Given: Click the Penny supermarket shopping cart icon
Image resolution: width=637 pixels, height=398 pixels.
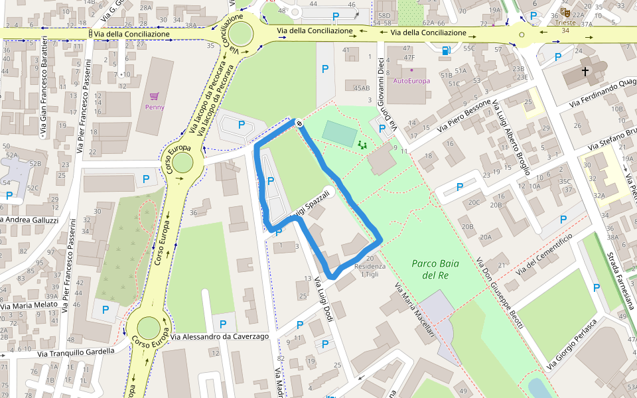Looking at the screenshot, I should (x=154, y=96).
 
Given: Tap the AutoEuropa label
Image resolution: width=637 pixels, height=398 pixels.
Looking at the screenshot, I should (x=411, y=81).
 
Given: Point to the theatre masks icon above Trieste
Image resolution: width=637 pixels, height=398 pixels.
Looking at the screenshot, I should (x=565, y=12).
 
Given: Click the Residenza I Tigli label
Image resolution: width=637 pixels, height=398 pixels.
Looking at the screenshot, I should (x=370, y=270).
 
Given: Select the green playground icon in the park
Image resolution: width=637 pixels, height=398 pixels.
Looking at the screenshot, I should (x=362, y=144).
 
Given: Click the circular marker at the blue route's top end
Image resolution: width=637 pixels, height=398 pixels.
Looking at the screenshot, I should (x=299, y=123).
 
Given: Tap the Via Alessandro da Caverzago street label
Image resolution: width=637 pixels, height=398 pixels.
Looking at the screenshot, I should (x=219, y=337).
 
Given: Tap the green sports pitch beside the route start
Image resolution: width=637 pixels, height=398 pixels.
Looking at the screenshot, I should (x=339, y=134).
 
